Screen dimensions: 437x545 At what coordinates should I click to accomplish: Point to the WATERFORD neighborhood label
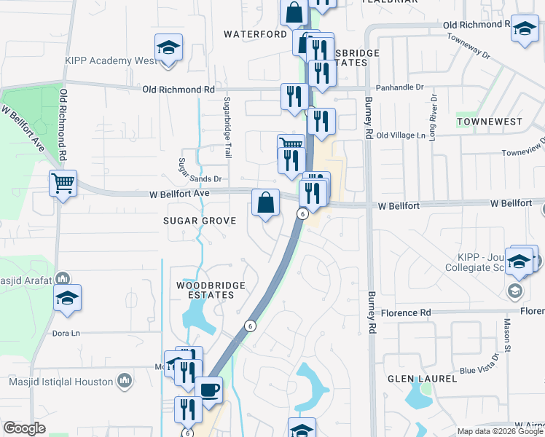coord(256,34)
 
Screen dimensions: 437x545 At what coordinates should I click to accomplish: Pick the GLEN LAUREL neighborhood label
coord(423,379)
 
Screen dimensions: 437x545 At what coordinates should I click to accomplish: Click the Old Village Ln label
coord(400,135)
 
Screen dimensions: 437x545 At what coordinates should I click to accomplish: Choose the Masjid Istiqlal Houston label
coord(61,382)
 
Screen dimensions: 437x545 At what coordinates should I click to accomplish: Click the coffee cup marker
coord(210,390)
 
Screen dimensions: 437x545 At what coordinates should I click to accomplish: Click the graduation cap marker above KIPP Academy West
coord(169,49)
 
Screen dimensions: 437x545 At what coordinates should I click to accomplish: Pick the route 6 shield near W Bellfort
coord(301,213)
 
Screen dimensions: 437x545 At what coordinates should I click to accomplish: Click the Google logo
coord(25,429)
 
